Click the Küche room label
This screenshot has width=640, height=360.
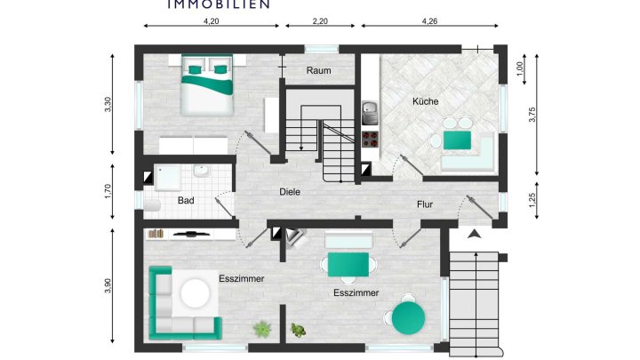(425, 101)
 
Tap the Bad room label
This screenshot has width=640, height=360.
(186, 201)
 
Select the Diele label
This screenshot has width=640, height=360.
(290, 191)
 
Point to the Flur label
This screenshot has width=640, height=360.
(426, 204)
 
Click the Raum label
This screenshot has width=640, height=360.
(318, 69)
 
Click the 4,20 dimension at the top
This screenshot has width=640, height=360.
(212, 20)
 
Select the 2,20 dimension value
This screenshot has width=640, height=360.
(320, 20)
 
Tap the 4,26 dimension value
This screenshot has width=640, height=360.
(431, 20)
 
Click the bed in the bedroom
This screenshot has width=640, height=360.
(208, 84)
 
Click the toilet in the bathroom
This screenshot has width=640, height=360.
(150, 205)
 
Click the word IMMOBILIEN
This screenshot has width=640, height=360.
(219, 4)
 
